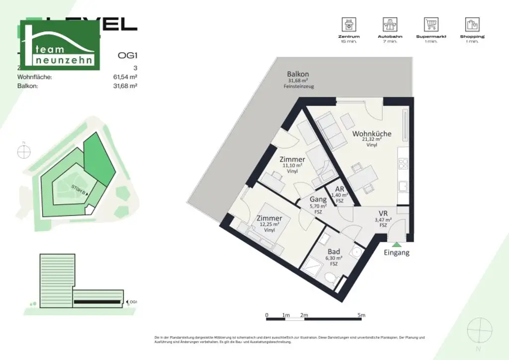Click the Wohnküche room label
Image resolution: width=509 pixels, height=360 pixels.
pyautogui.click(x=371, y=134)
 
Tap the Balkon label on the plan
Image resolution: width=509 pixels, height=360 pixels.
pyautogui.click(x=298, y=74)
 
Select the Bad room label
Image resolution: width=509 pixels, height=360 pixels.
pyautogui.click(x=334, y=252)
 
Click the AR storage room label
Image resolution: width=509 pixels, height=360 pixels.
pyautogui.click(x=340, y=189)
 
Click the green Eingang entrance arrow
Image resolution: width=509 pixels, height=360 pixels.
pyautogui.click(x=396, y=244)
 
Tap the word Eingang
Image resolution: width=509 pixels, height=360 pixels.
pyautogui.click(x=397, y=253)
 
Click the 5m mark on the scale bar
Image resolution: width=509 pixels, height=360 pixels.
pyautogui.click(x=361, y=315)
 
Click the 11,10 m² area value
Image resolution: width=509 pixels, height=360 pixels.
pyautogui.click(x=292, y=166)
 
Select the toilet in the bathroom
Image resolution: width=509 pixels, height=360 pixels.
pyautogui.click(x=330, y=277)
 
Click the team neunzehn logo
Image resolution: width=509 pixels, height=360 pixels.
pyautogui.click(x=59, y=45)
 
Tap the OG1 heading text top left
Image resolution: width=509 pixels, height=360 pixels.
pyautogui.click(x=127, y=56)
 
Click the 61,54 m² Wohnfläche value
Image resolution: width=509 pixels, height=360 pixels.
pyautogui.click(x=125, y=77)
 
